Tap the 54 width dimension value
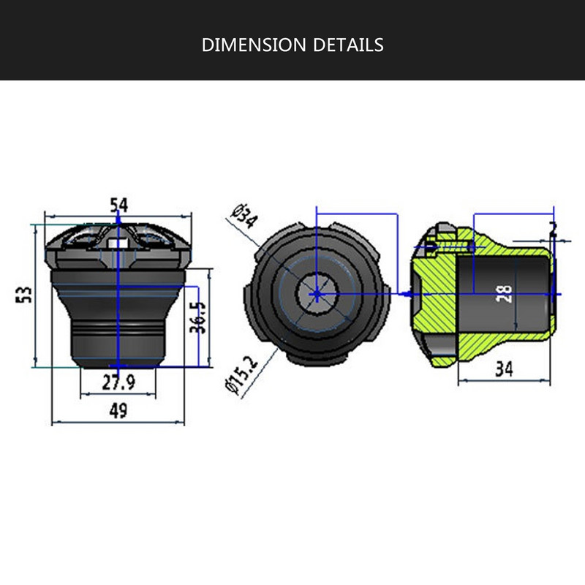(118, 205)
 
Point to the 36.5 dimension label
(197, 317)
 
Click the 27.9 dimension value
(118, 382)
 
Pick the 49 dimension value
(118, 411)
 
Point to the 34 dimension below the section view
(503, 369)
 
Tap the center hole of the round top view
(315, 293)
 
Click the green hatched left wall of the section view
(431, 292)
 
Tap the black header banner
(292, 40)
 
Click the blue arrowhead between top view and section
(404, 292)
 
